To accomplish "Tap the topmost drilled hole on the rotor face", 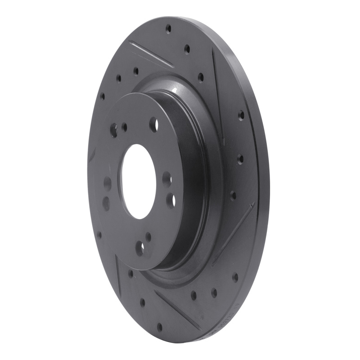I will pos(168,29).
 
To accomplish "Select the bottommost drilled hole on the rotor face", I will pos(159,326).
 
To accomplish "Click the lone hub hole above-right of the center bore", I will pos(153,124).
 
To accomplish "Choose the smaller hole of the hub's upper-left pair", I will pos(124,127).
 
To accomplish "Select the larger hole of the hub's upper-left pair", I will pos(114,130).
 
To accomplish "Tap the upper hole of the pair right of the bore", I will pos(167,179).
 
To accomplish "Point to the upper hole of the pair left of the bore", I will pos(108,183).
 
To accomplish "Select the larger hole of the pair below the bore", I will pos(140,248).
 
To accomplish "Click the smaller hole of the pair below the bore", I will pos(148,236).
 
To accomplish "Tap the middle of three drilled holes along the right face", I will pos(240,158).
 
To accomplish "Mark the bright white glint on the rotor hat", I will pos(172,92).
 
